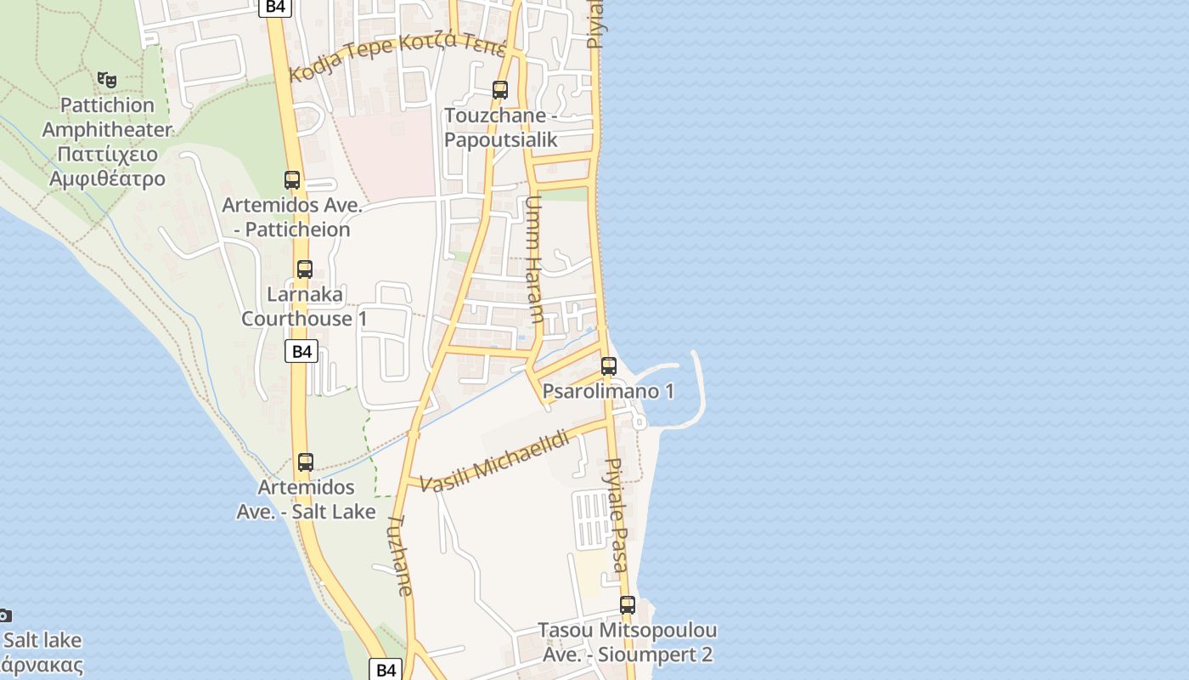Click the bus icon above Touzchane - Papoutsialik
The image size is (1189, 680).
click(500, 89)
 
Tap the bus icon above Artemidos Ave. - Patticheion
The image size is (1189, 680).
click(292, 179)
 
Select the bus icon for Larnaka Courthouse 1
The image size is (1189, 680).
click(305, 269)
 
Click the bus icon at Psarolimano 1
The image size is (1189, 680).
click(609, 366)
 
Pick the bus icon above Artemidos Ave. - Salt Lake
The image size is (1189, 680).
click(306, 462)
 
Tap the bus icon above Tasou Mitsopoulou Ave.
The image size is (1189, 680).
click(628, 605)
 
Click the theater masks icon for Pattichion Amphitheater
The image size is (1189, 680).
click(107, 79)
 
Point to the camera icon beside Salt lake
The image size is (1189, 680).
click(4, 615)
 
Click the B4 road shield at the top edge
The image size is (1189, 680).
click(275, 7)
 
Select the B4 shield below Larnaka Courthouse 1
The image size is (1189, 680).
click(301, 352)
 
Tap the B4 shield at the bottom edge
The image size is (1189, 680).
click(386, 669)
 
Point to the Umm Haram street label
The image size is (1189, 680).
click(534, 260)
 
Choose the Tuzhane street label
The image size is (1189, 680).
click(401, 554)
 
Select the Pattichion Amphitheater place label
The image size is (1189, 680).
click(107, 142)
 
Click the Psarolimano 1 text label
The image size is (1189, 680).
click(608, 391)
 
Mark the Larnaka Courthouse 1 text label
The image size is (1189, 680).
click(305, 307)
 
